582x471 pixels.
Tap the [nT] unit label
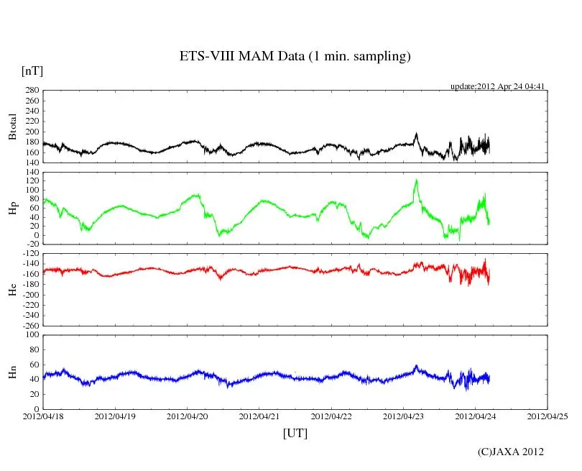tap(32, 70)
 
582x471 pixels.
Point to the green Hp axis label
tap(12, 209)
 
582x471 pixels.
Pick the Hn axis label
tap(12, 372)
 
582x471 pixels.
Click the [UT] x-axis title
tap(295, 433)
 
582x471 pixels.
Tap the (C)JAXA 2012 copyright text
tap(511, 452)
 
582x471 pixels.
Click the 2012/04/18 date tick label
tap(43, 416)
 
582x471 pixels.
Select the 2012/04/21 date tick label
tap(259, 416)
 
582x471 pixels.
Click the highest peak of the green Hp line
tap(416, 180)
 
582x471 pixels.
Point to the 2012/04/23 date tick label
tap(403, 416)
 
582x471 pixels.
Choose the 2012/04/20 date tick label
tap(188, 416)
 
